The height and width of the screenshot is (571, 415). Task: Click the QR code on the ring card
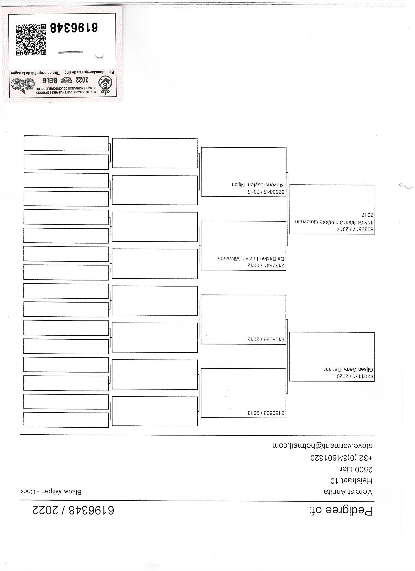click(x=31, y=40)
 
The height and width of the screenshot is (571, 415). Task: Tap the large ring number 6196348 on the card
click(x=74, y=28)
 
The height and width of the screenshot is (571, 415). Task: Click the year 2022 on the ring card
click(x=82, y=80)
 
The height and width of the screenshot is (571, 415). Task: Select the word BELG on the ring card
click(x=50, y=81)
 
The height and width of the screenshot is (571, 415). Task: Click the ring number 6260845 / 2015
click(x=266, y=192)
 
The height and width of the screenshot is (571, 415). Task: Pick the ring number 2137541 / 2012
click(x=266, y=266)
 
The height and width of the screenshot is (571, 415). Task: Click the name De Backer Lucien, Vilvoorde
click(x=251, y=259)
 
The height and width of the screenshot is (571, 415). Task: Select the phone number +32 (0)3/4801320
click(x=341, y=458)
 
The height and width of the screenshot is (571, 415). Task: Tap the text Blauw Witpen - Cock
click(x=51, y=492)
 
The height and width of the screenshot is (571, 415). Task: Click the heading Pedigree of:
click(x=341, y=511)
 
